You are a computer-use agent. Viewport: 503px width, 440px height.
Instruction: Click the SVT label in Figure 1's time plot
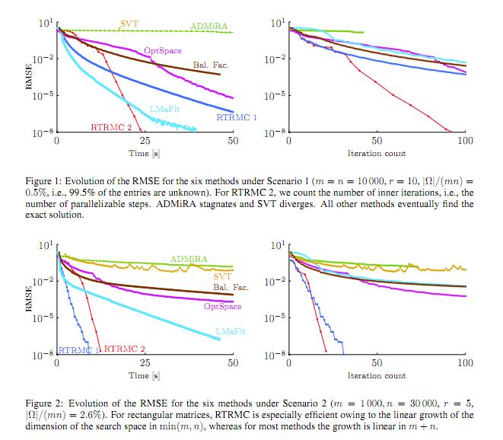pos(129,24)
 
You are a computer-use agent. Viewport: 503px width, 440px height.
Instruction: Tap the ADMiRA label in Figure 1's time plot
pos(207,26)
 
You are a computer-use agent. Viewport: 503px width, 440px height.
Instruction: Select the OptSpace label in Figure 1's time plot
pos(162,50)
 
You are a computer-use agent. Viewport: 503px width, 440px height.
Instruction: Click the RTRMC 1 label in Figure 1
pos(236,117)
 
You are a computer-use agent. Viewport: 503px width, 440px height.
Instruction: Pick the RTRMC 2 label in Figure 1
pos(111,126)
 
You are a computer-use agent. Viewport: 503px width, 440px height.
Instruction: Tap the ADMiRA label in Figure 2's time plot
pos(189,259)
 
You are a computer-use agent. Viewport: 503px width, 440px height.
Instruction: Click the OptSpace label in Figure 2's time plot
pos(222,306)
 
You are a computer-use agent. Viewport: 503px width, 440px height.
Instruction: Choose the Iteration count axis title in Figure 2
pos(377,375)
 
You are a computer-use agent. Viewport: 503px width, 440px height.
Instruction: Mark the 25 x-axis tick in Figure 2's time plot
pos(145,363)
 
